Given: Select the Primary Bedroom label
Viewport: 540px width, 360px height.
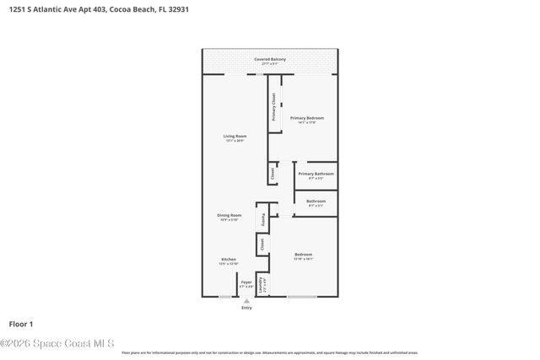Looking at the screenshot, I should (x=307, y=119).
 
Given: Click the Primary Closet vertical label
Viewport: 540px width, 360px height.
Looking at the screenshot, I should (x=273, y=107).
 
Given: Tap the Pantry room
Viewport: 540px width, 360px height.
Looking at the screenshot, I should (x=262, y=220).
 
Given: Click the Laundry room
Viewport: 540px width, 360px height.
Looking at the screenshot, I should (x=262, y=284).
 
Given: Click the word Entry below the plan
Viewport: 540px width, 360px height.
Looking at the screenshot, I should (x=246, y=308).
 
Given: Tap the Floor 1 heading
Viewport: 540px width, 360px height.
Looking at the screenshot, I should (x=20, y=324).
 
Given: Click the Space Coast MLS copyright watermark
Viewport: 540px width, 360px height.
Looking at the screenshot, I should (x=57, y=343).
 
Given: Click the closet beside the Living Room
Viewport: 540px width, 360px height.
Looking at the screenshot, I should (x=273, y=174).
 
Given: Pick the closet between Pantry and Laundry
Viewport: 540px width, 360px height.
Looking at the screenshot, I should (x=262, y=244).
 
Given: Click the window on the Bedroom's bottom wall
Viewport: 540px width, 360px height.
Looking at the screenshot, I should (x=303, y=297).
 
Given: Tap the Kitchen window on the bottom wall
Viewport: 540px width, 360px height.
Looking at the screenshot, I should (x=224, y=297).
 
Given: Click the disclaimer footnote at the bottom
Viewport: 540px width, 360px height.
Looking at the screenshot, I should (x=270, y=353).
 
